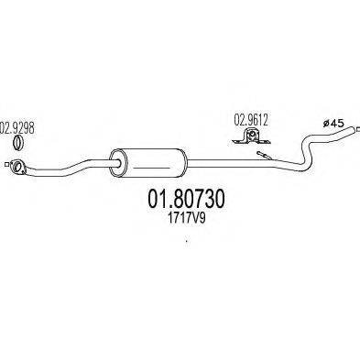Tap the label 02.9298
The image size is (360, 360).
click(18, 129)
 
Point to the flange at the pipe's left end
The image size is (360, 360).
click(17, 166)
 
